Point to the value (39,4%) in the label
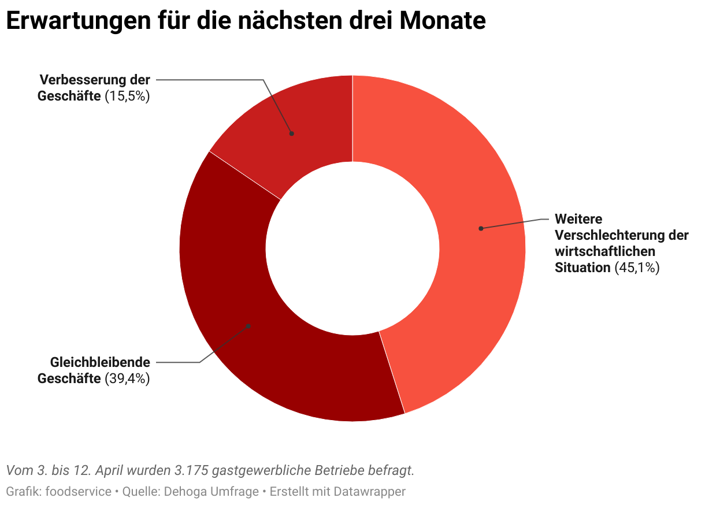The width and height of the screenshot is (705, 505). [127, 379]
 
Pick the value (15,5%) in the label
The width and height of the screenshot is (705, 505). [127, 96]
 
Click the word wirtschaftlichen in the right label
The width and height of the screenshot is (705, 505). [604, 252]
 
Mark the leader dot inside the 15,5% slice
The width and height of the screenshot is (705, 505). [292, 133]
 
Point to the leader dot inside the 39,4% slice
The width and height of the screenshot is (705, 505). [249, 326]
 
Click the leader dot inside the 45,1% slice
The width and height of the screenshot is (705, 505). [481, 228]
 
